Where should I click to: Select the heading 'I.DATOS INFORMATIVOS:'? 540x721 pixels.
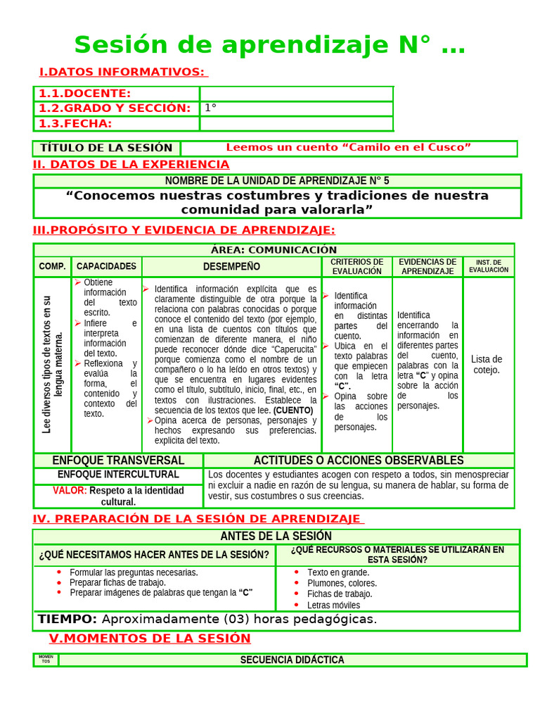click(122, 72)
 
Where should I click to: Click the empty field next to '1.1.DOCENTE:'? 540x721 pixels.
click(296, 94)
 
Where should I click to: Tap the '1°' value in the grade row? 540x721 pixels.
click(210, 108)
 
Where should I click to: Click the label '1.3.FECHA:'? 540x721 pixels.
click(75, 124)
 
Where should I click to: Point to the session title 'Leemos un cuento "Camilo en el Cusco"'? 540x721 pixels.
click(348, 148)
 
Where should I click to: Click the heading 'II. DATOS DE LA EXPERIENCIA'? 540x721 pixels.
click(131, 165)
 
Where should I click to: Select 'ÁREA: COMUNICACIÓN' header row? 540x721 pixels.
click(274, 250)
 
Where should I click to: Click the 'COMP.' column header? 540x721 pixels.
click(53, 267)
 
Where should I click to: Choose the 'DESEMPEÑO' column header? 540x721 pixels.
click(231, 267)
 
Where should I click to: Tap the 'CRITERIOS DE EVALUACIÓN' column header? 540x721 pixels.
click(356, 267)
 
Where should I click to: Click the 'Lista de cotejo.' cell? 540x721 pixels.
click(487, 365)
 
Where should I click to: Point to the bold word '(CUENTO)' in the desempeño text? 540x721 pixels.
click(295, 410)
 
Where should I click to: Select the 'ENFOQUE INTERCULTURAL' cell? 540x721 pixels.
click(118, 475)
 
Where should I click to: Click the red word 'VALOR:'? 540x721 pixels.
click(70, 491)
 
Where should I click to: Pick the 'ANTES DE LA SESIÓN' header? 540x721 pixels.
click(276, 537)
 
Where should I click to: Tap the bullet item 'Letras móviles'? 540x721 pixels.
click(333, 605)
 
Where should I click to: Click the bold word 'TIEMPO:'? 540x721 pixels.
click(67, 620)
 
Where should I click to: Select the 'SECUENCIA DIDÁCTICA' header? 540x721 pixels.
click(292, 660)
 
